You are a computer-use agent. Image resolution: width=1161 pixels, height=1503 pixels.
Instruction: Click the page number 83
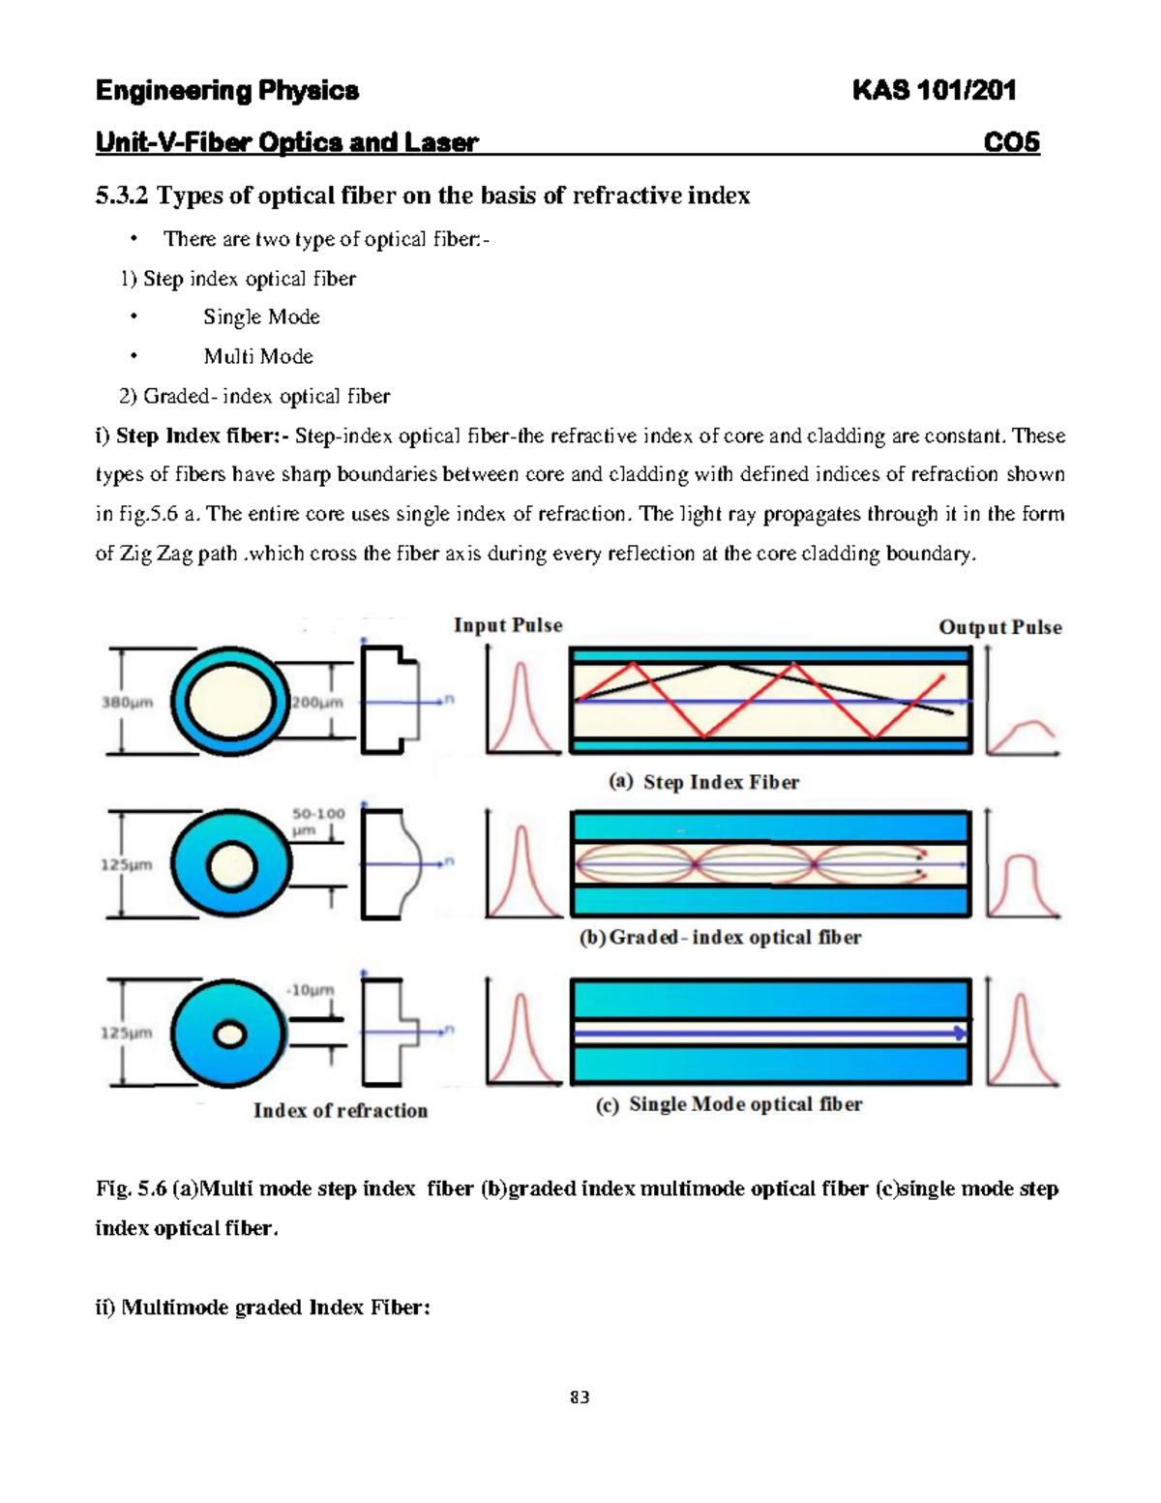click(580, 1397)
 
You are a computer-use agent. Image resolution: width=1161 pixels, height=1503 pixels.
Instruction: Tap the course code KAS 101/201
click(934, 91)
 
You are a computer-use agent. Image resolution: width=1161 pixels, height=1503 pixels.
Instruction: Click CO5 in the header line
click(1011, 142)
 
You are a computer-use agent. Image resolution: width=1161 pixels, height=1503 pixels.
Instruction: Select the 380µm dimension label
click(128, 703)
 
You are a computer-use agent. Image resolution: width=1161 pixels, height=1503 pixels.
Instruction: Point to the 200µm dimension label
click(317, 703)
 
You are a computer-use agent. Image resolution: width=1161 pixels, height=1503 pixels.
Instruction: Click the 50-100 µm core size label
click(318, 822)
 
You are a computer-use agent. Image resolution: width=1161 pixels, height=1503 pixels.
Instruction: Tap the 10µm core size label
click(311, 990)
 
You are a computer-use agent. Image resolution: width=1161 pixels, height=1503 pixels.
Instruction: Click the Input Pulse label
click(508, 625)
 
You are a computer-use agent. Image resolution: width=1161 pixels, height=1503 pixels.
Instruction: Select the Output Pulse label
click(1000, 627)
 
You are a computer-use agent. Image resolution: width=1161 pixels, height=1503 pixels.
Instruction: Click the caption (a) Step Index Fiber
click(703, 782)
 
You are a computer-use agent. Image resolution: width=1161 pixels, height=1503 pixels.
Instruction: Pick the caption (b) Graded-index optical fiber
click(719, 937)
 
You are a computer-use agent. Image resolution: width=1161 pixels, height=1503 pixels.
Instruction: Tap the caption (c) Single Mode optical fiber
click(729, 1104)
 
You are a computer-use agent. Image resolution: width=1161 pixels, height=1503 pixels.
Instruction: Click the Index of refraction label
click(340, 1111)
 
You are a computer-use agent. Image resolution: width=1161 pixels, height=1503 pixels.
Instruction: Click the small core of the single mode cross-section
click(229, 1036)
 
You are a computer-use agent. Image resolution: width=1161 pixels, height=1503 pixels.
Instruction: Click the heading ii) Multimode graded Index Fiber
click(262, 1308)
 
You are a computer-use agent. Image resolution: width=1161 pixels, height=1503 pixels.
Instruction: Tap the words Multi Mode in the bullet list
click(258, 356)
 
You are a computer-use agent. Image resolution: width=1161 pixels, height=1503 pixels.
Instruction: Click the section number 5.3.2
click(122, 195)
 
